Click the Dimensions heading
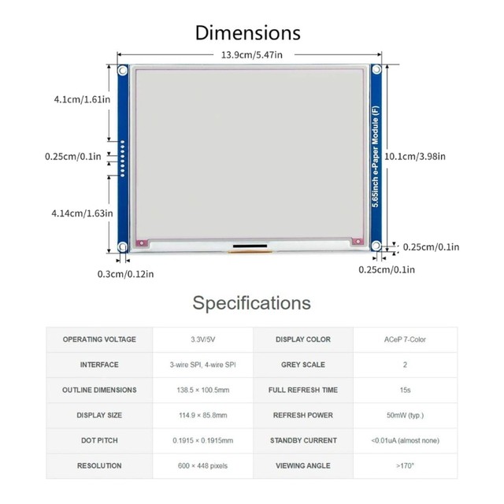coord(248,33)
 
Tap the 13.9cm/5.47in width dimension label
coord(252,55)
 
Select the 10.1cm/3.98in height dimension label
coord(415,157)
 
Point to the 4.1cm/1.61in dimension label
coord(82,99)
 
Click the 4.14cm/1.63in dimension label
coord(82,213)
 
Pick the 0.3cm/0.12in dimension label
coord(126,274)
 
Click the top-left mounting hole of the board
coord(123,70)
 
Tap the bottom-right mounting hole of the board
coord(376,246)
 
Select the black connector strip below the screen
coord(250,246)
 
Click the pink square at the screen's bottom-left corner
coord(142,243)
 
